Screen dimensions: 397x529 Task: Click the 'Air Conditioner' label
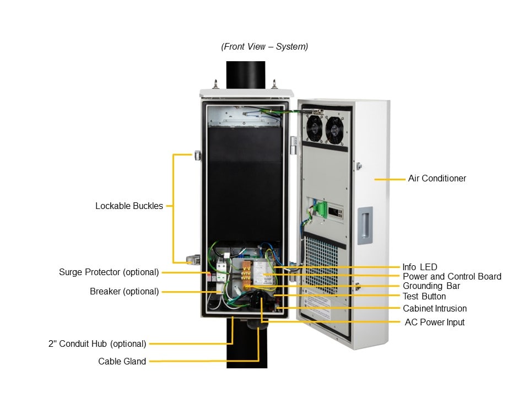pos(436,179)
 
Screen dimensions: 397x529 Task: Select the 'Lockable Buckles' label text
pos(129,206)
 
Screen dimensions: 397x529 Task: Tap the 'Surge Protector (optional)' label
pos(109,272)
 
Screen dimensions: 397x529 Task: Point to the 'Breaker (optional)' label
pos(124,292)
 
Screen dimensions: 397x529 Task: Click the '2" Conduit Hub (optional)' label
pos(97,344)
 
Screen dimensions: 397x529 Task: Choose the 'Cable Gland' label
pos(122,362)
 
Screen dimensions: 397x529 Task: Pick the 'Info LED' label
pos(419,267)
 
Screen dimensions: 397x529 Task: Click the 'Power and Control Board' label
pos(452,277)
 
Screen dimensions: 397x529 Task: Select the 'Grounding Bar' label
pos(431,286)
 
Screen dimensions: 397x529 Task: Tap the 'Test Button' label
pos(424,297)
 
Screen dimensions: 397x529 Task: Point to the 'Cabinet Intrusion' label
pos(434,309)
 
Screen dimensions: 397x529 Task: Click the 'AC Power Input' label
pos(434,323)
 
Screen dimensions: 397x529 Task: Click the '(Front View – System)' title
pos(264,47)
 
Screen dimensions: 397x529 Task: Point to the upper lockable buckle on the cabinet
pos(197,155)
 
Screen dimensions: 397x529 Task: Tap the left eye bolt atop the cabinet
pos(215,83)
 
